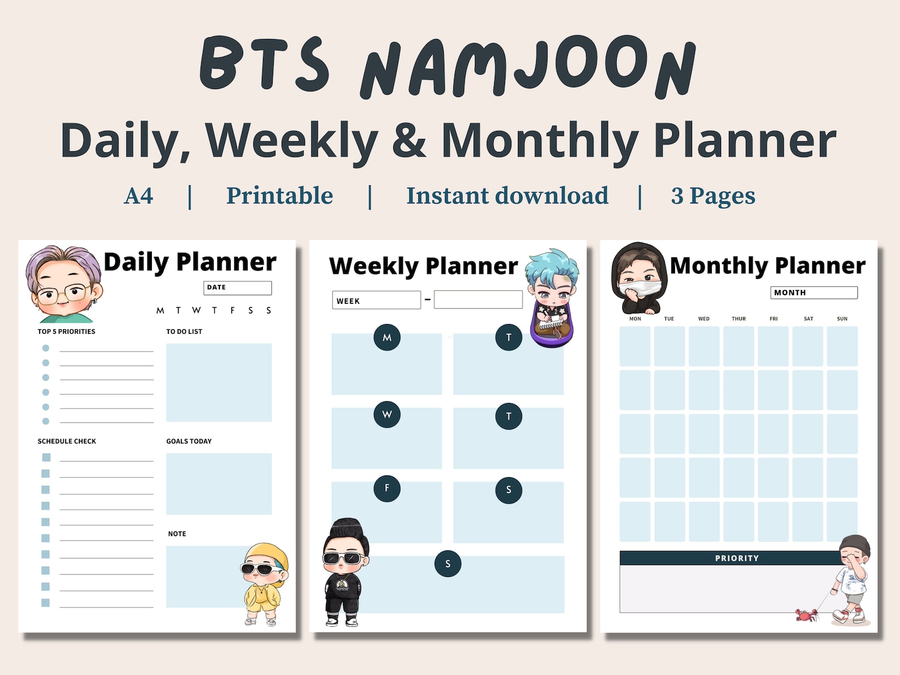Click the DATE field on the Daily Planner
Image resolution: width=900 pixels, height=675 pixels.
[x=237, y=288]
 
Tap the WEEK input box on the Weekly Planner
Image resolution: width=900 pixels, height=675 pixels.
[x=376, y=300]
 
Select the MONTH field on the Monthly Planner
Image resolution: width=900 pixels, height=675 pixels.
[x=813, y=292]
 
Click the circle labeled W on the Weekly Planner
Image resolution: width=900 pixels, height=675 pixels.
[x=387, y=414]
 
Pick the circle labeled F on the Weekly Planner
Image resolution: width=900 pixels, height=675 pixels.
[x=387, y=488]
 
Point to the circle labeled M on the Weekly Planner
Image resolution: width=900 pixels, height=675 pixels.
[x=387, y=338]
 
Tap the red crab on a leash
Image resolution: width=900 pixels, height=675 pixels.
[x=805, y=614]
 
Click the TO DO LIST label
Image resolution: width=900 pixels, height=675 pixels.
[x=184, y=332]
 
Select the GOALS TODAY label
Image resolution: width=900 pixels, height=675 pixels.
[x=189, y=441]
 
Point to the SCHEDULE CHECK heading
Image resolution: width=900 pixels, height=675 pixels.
[x=67, y=441]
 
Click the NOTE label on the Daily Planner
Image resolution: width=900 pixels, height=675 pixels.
[x=177, y=534]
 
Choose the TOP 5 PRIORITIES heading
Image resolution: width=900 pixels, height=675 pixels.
[x=66, y=332]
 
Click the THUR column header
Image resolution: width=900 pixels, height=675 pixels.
[x=738, y=319]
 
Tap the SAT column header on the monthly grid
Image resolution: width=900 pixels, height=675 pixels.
[x=808, y=319]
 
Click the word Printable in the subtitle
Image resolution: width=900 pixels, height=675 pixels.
[x=279, y=196]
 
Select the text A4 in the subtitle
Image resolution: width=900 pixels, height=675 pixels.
[x=138, y=196]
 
